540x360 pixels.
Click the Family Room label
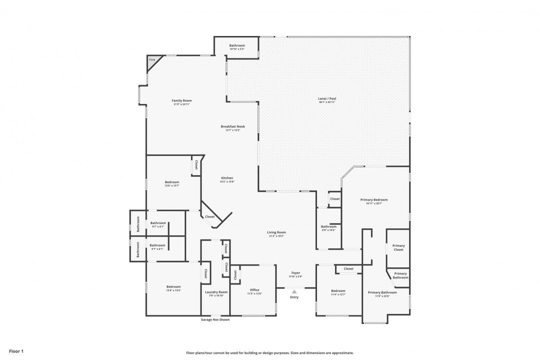coord(181,100)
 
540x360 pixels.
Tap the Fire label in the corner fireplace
coord(152,60)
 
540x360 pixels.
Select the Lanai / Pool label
coord(327,98)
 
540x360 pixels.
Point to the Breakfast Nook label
coord(233,126)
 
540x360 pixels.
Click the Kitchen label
coord(227,178)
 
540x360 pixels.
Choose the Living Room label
coord(276,232)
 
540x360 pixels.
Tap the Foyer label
coord(295,273)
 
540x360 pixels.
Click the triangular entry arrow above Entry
coord(294,291)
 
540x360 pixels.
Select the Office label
coord(254,290)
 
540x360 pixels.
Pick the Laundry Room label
coord(216,292)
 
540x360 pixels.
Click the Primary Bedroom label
coord(374,199)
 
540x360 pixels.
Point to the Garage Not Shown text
coord(215,319)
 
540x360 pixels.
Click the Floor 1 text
coord(16,351)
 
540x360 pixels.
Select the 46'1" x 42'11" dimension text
coord(327,102)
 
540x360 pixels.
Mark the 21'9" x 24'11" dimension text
coord(181,104)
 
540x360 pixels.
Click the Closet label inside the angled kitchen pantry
coord(210,216)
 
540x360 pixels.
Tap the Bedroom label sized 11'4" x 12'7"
coord(338,290)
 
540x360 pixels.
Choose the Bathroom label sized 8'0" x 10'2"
coord(328,226)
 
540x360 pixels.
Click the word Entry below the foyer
coord(294,297)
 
